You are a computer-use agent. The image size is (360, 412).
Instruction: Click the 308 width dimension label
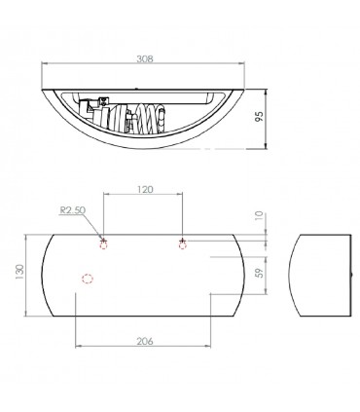point(144,58)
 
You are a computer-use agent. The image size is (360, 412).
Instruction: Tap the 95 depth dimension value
point(259,116)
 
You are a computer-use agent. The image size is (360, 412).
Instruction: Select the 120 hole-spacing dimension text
point(144,189)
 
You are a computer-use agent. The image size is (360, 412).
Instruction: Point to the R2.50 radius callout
point(73,209)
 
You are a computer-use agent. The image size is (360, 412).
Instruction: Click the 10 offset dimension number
point(260,216)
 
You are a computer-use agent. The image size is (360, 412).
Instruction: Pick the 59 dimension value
point(260,272)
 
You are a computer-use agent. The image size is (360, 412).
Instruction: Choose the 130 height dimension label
point(19,272)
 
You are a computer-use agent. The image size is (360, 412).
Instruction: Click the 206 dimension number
point(144,341)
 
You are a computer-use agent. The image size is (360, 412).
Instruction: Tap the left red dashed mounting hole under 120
point(104,245)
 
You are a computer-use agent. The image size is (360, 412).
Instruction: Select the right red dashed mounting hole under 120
point(183,245)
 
